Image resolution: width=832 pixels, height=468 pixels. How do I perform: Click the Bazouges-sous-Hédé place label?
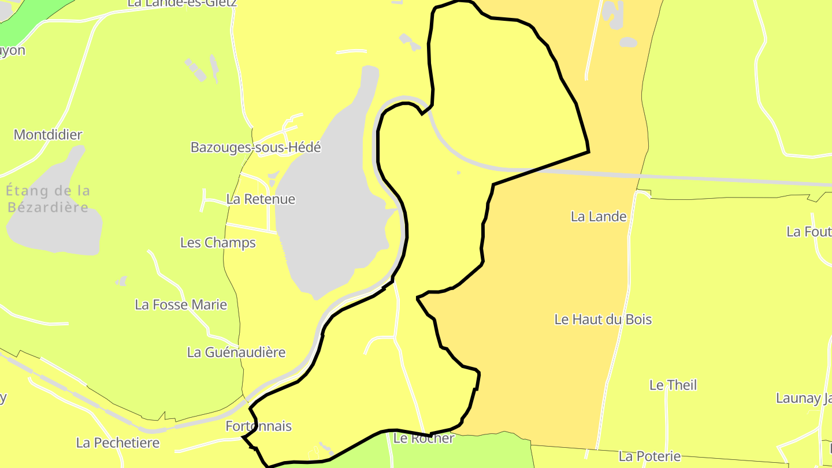click(255, 147)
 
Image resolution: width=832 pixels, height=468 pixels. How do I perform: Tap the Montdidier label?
click(48, 135)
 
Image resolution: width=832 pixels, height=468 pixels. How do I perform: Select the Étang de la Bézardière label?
click(49, 198)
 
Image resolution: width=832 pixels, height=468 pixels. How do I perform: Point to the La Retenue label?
click(261, 199)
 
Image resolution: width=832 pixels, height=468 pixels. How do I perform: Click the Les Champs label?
click(218, 243)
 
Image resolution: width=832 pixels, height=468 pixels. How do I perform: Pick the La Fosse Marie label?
click(181, 304)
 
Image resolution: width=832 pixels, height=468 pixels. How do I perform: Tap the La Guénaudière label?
click(236, 352)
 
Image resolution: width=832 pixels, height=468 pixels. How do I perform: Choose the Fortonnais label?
click(258, 426)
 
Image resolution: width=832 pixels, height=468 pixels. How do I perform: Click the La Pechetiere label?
click(118, 443)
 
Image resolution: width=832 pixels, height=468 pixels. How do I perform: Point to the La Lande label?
click(599, 217)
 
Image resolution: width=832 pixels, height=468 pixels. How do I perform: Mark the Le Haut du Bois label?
click(603, 320)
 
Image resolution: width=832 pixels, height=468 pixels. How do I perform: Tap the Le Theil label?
click(673, 385)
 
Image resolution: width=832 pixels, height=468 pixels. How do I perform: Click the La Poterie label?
click(649, 456)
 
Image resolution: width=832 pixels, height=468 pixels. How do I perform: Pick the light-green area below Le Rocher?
click(462, 454)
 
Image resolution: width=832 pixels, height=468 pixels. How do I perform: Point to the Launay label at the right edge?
click(803, 398)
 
